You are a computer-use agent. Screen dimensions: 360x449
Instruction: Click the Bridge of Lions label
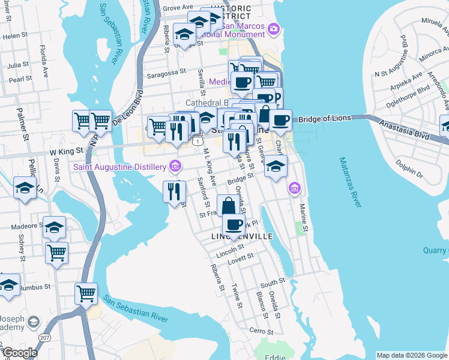pos(324,119)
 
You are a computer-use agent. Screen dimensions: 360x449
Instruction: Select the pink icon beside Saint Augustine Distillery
pos(175,166)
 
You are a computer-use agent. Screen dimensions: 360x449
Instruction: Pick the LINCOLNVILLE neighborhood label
pos(242,237)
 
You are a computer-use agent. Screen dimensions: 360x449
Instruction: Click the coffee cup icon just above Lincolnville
pos(234,225)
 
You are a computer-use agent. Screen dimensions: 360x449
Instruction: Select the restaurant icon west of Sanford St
pos(172,191)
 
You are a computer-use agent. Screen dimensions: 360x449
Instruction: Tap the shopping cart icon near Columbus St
pos(86,293)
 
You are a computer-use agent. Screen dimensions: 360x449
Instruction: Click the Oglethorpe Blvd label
pos(412,88)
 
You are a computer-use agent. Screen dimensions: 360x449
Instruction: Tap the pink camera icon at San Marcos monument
pos(274,28)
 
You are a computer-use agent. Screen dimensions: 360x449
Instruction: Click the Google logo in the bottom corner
pos(20,353)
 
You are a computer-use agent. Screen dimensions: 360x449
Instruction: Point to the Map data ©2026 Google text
pos(412,355)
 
